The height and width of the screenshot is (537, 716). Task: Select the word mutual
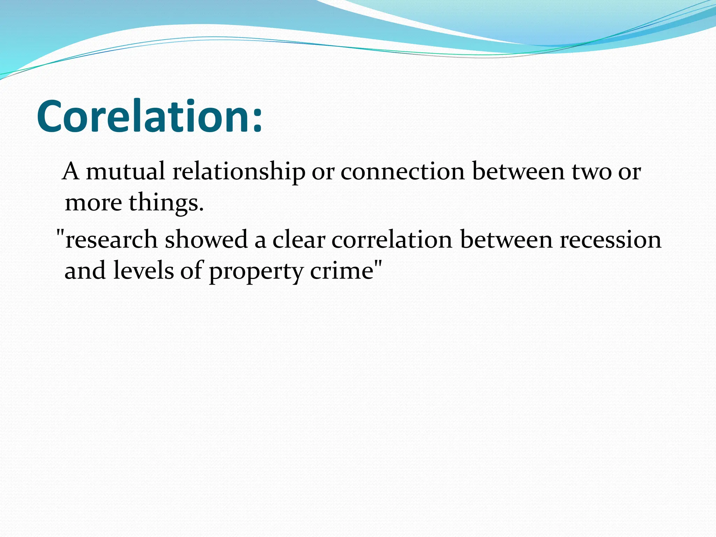126,172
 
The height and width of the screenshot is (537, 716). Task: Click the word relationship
239,172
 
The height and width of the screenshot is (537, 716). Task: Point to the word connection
403,172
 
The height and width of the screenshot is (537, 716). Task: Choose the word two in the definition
591,172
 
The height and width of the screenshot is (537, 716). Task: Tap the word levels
143,271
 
